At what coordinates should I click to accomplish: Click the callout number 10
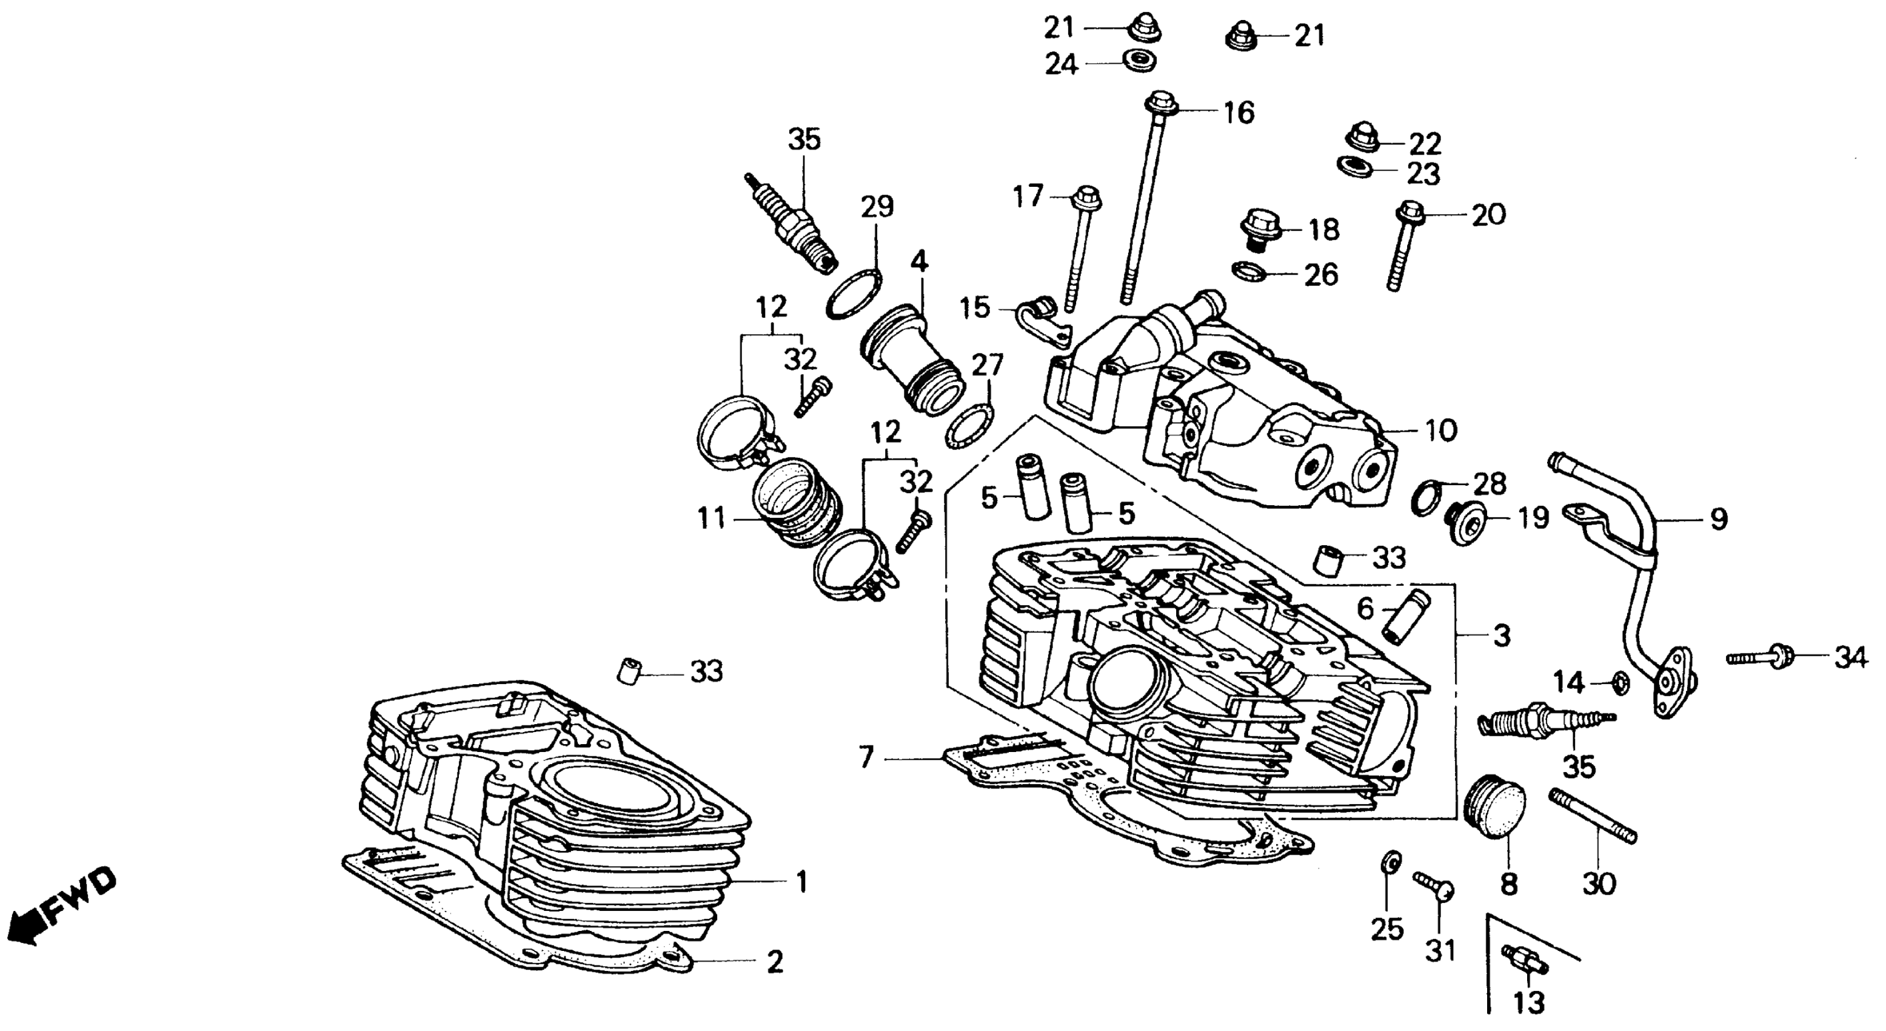point(1441,430)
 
